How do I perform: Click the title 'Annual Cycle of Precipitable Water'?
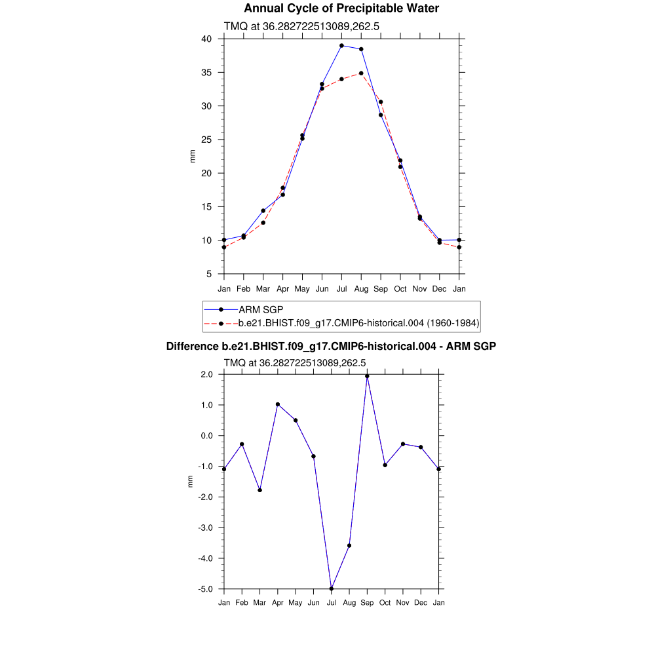click(x=341, y=9)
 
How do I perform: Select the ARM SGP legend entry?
click(x=261, y=309)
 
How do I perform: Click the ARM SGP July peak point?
click(x=341, y=46)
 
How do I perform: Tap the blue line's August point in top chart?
click(x=361, y=49)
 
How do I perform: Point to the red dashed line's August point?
click(x=361, y=73)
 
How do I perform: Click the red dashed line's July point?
click(x=341, y=79)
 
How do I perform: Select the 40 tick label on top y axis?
click(x=206, y=39)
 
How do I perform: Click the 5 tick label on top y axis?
click(x=209, y=274)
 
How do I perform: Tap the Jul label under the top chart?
click(x=341, y=289)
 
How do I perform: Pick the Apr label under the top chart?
click(x=283, y=289)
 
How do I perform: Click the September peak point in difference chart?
click(x=367, y=376)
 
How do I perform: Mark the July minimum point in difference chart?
click(x=332, y=588)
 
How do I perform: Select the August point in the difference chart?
click(x=349, y=545)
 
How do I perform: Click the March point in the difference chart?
click(x=260, y=490)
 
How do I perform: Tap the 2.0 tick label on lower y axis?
click(x=206, y=374)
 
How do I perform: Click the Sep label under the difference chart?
click(x=367, y=603)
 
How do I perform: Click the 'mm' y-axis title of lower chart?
click(x=191, y=482)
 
